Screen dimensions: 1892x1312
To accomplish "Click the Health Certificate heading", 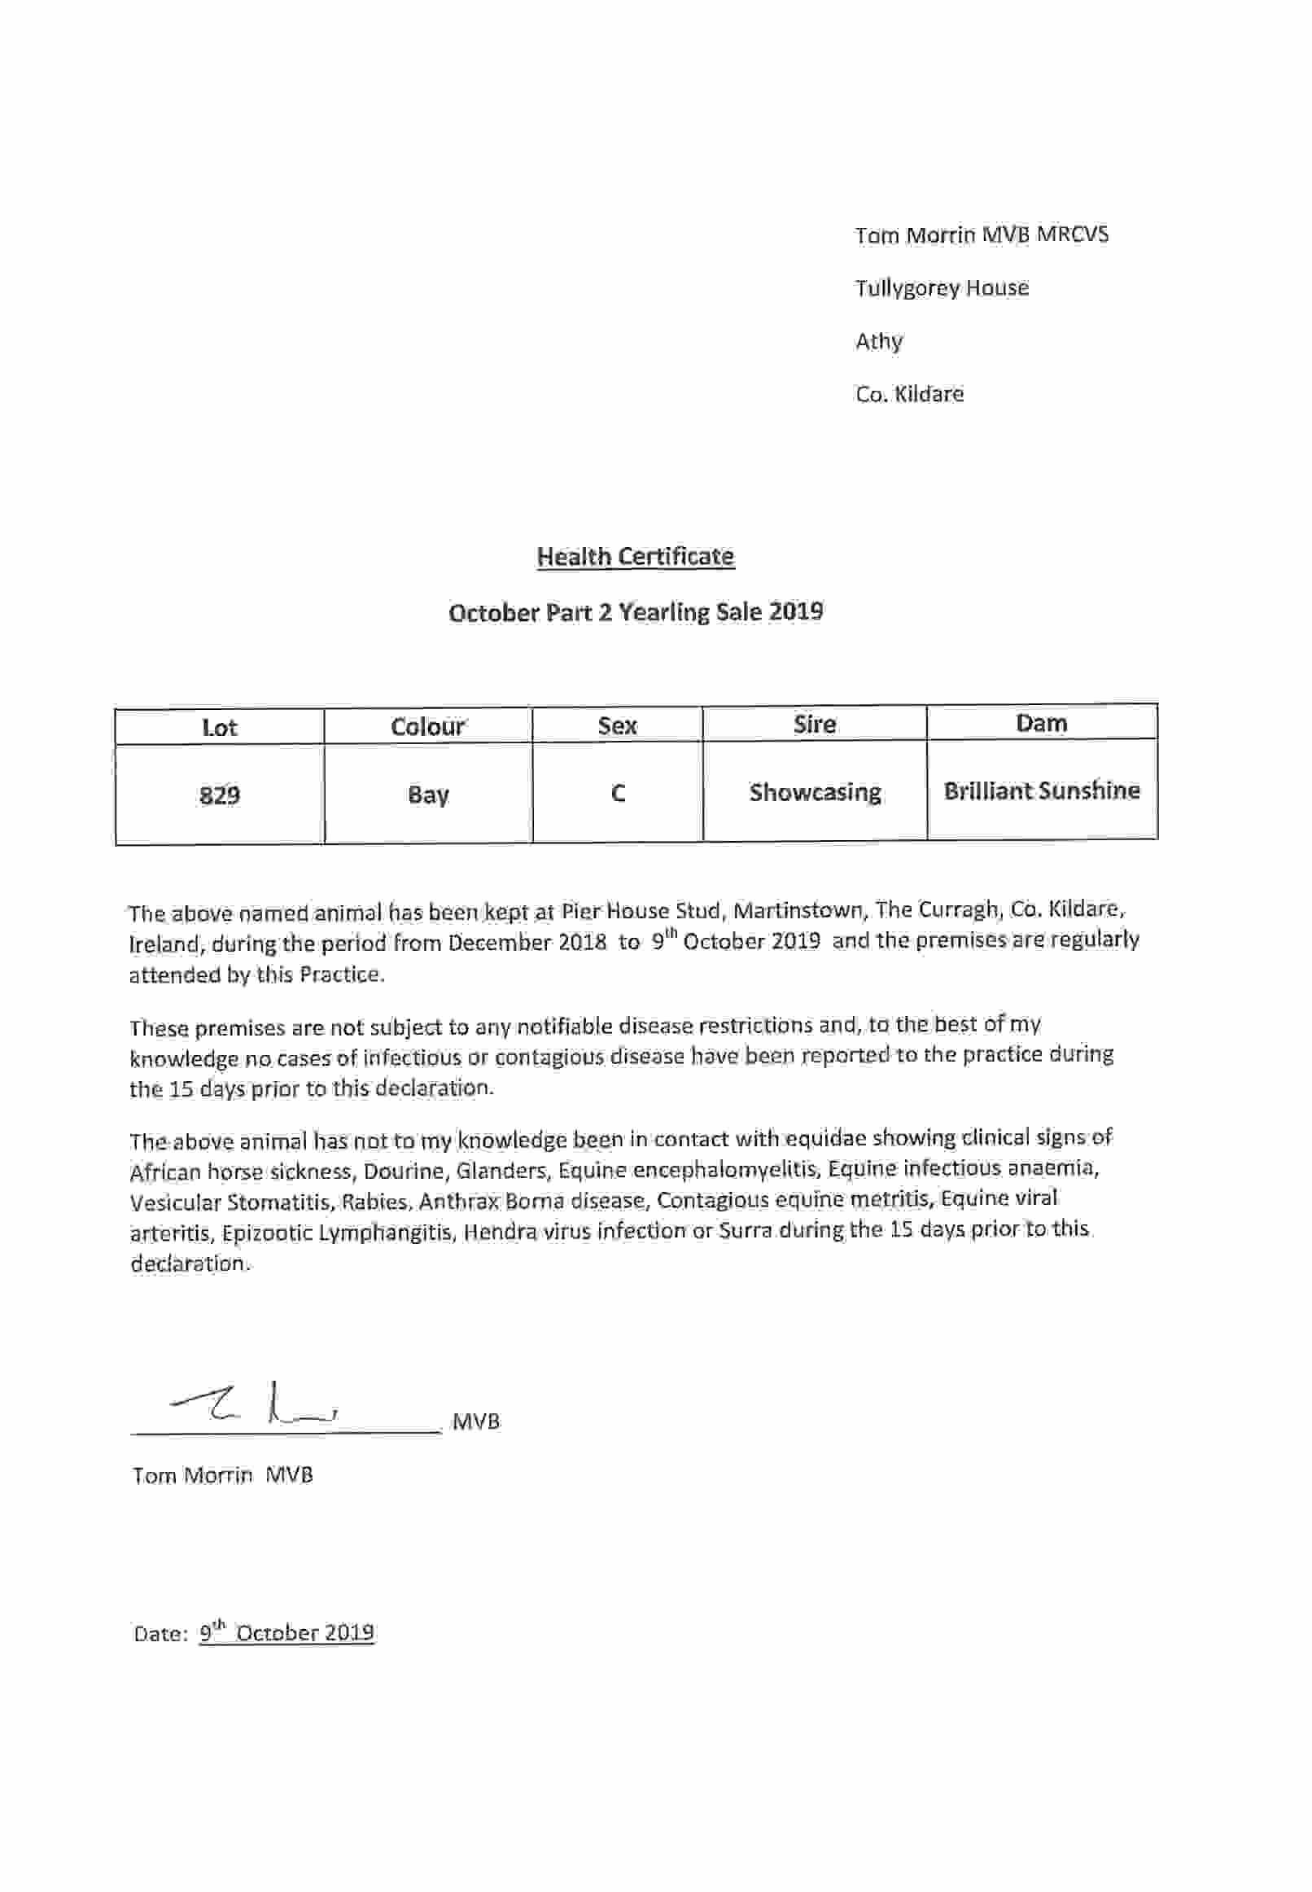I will click(x=635, y=557).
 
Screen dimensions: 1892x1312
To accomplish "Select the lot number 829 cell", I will click(x=220, y=795).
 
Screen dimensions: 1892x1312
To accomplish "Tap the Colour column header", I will click(x=427, y=727).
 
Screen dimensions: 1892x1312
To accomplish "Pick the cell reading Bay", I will click(x=427, y=795).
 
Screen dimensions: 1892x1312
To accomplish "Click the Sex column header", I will click(x=618, y=725).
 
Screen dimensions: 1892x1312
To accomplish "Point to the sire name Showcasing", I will click(x=815, y=792).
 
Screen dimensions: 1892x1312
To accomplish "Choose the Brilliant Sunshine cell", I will click(x=1042, y=791).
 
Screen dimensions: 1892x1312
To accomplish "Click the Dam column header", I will click(x=1042, y=723).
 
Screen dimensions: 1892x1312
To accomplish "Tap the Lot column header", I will click(x=220, y=728).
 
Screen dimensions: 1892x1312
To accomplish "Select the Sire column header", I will click(x=815, y=725).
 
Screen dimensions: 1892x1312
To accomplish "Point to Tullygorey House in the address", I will click(x=941, y=287).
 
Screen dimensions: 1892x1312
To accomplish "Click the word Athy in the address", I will click(x=879, y=341).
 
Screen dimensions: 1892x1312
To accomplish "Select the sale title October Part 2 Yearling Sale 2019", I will click(x=636, y=612).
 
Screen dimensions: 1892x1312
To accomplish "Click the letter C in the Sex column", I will click(x=619, y=793).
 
